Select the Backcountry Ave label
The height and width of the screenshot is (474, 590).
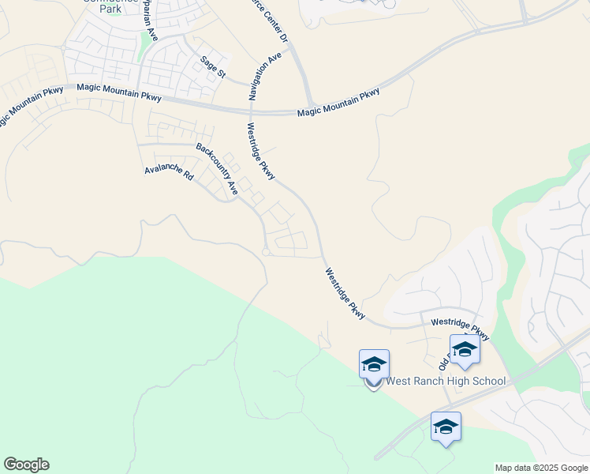click(217, 169)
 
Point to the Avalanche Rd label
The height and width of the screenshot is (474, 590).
click(169, 171)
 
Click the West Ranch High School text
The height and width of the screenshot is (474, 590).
click(446, 382)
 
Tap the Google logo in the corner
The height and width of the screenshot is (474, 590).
click(26, 465)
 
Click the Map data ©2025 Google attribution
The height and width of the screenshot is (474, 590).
click(541, 468)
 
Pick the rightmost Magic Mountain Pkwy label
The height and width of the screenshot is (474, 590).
click(338, 103)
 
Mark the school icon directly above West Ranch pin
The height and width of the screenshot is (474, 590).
click(374, 363)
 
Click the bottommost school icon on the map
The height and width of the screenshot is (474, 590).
click(446, 427)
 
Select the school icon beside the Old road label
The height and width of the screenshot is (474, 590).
click(465, 349)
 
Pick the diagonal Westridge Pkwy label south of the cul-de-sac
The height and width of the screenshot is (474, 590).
click(345, 293)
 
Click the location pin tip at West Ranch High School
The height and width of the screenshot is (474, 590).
click(374, 389)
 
